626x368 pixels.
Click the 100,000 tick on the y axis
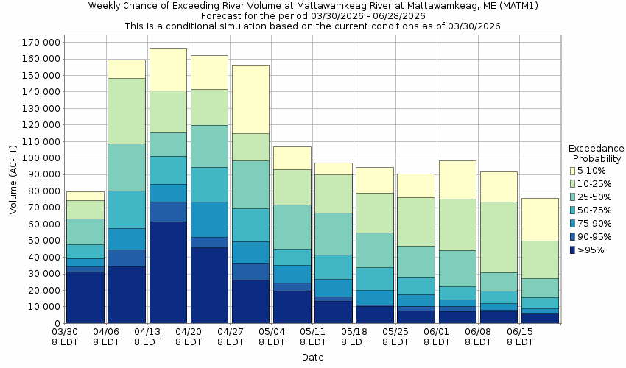click(39, 158)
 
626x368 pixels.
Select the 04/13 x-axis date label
click(148, 337)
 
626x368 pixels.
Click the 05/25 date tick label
click(396, 337)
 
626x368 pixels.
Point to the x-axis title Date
click(312, 357)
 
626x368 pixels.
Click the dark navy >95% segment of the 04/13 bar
click(168, 272)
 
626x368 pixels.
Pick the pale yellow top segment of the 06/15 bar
click(541, 219)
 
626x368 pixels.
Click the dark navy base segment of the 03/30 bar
click(85, 297)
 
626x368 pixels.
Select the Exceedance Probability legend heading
click(596, 153)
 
